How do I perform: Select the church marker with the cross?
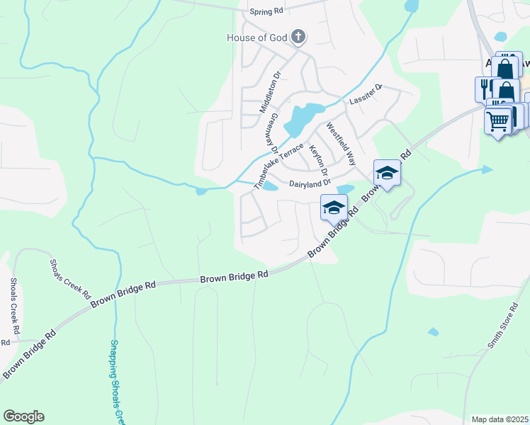pos(299,36)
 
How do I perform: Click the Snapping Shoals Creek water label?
pos(116,379)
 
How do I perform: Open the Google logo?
pos(23,416)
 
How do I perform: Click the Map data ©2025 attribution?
pos(500,419)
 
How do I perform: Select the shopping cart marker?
pos(498,121)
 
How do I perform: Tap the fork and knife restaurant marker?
pos(485,89)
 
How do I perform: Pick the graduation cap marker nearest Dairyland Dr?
pos(334,208)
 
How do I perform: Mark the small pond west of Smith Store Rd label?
pos(433,331)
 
